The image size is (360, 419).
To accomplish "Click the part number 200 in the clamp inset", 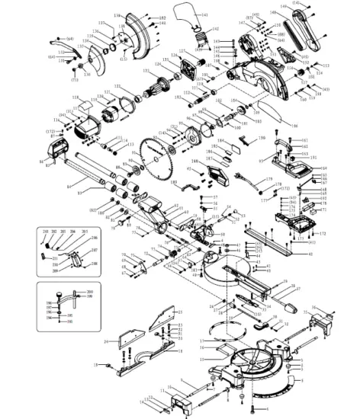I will (90, 293).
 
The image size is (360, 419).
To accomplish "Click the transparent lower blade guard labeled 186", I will (271, 114).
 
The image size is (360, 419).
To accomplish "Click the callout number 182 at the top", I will (162, 17).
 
